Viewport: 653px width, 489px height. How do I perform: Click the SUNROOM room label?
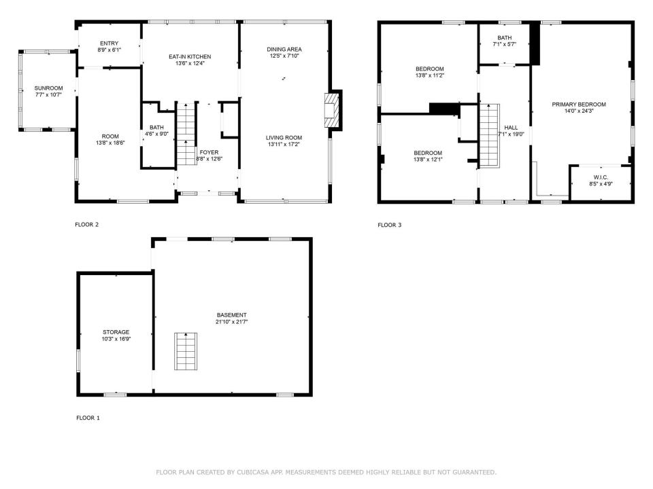click(x=49, y=88)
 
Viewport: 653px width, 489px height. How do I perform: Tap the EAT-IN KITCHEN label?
click(x=190, y=56)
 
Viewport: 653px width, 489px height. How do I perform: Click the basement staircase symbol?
click(x=186, y=351)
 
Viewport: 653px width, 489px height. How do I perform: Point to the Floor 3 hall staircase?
click(x=489, y=136)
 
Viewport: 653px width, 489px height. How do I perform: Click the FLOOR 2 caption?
click(x=86, y=225)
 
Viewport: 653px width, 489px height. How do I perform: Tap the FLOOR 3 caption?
click(x=389, y=225)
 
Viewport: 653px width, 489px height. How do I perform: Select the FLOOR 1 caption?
click(x=88, y=418)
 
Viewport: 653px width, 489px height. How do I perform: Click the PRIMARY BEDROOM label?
click(x=579, y=105)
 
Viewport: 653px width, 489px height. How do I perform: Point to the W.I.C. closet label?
click(x=601, y=177)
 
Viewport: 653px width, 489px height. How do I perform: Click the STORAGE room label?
click(x=116, y=332)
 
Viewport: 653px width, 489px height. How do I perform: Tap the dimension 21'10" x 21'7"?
click(x=231, y=322)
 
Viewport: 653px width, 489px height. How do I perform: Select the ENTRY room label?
click(x=109, y=43)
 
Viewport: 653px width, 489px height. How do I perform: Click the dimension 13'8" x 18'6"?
click(x=110, y=143)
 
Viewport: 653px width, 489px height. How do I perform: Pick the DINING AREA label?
click(x=284, y=49)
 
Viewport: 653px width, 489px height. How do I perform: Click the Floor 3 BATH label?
click(x=504, y=37)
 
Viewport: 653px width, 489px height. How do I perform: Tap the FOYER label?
click(x=209, y=152)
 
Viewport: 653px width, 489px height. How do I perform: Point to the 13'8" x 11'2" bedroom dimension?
click(x=430, y=75)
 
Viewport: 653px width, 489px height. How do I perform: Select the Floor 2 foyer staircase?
click(x=186, y=134)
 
